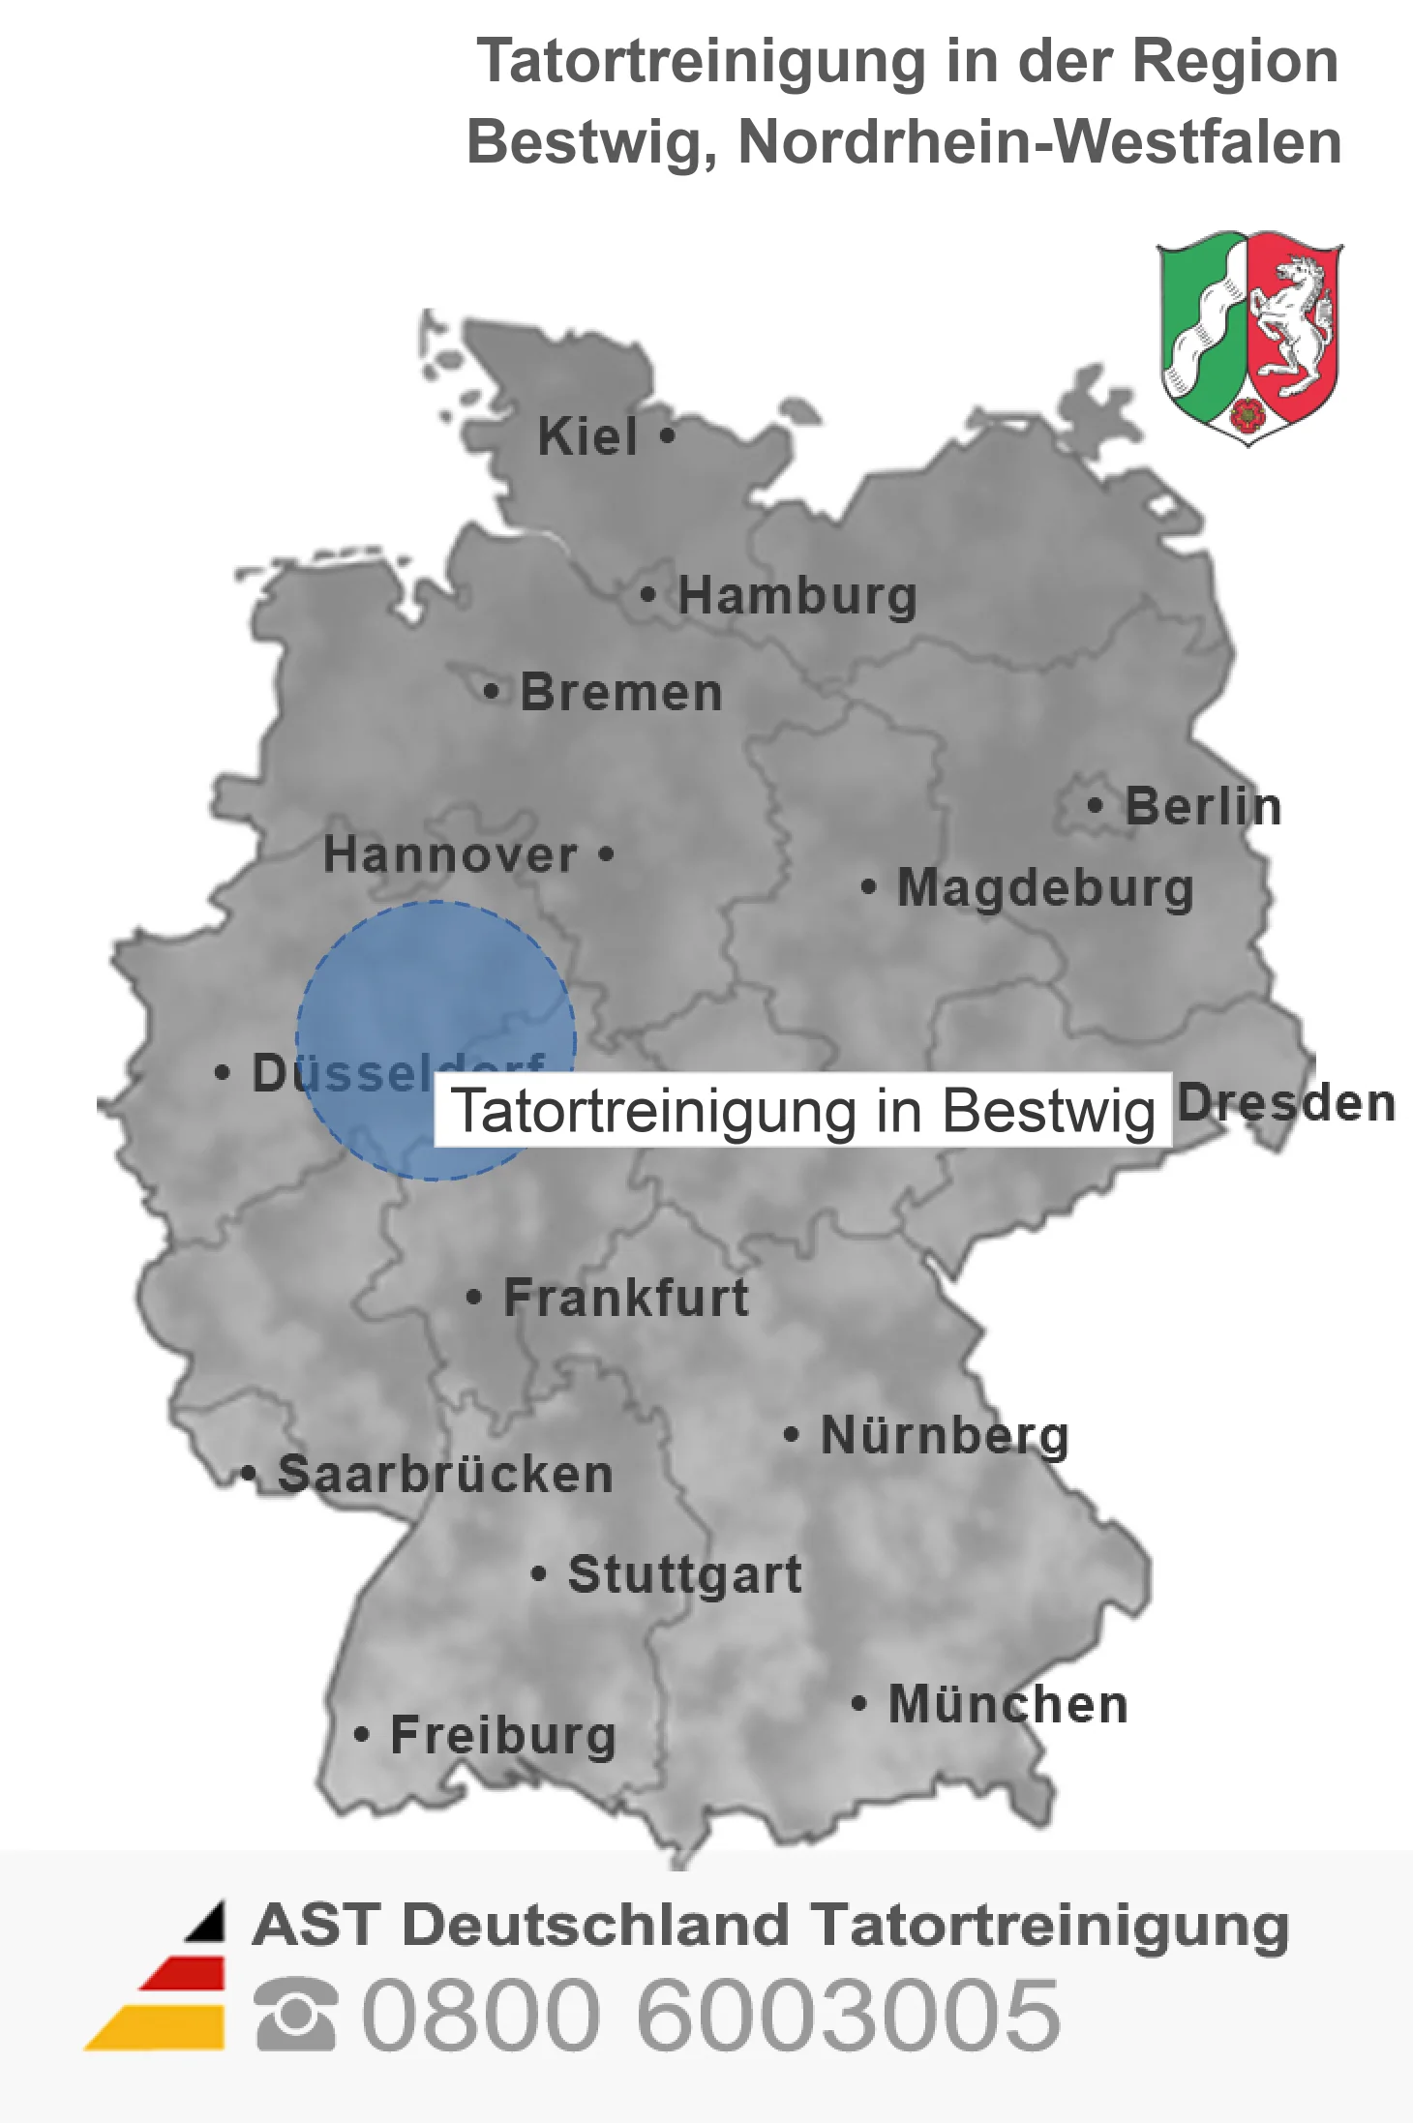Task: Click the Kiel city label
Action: [587, 436]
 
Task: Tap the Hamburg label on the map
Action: [797, 595]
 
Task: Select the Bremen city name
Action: [621, 693]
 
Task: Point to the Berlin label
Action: [1203, 806]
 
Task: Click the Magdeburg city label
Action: [1045, 888]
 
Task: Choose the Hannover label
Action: [450, 855]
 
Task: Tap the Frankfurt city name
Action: [626, 1298]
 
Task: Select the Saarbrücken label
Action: [445, 1475]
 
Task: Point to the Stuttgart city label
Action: [684, 1574]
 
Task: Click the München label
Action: [1008, 1704]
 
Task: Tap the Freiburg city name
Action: [503, 1735]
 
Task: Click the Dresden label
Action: [1287, 1103]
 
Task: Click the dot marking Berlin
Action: [1095, 805]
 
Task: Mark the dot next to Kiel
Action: [667, 435]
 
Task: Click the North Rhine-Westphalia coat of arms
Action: [1248, 336]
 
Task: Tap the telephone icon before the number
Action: [295, 2014]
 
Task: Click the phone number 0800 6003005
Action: [710, 2014]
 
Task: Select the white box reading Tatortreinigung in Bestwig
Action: [802, 1110]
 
